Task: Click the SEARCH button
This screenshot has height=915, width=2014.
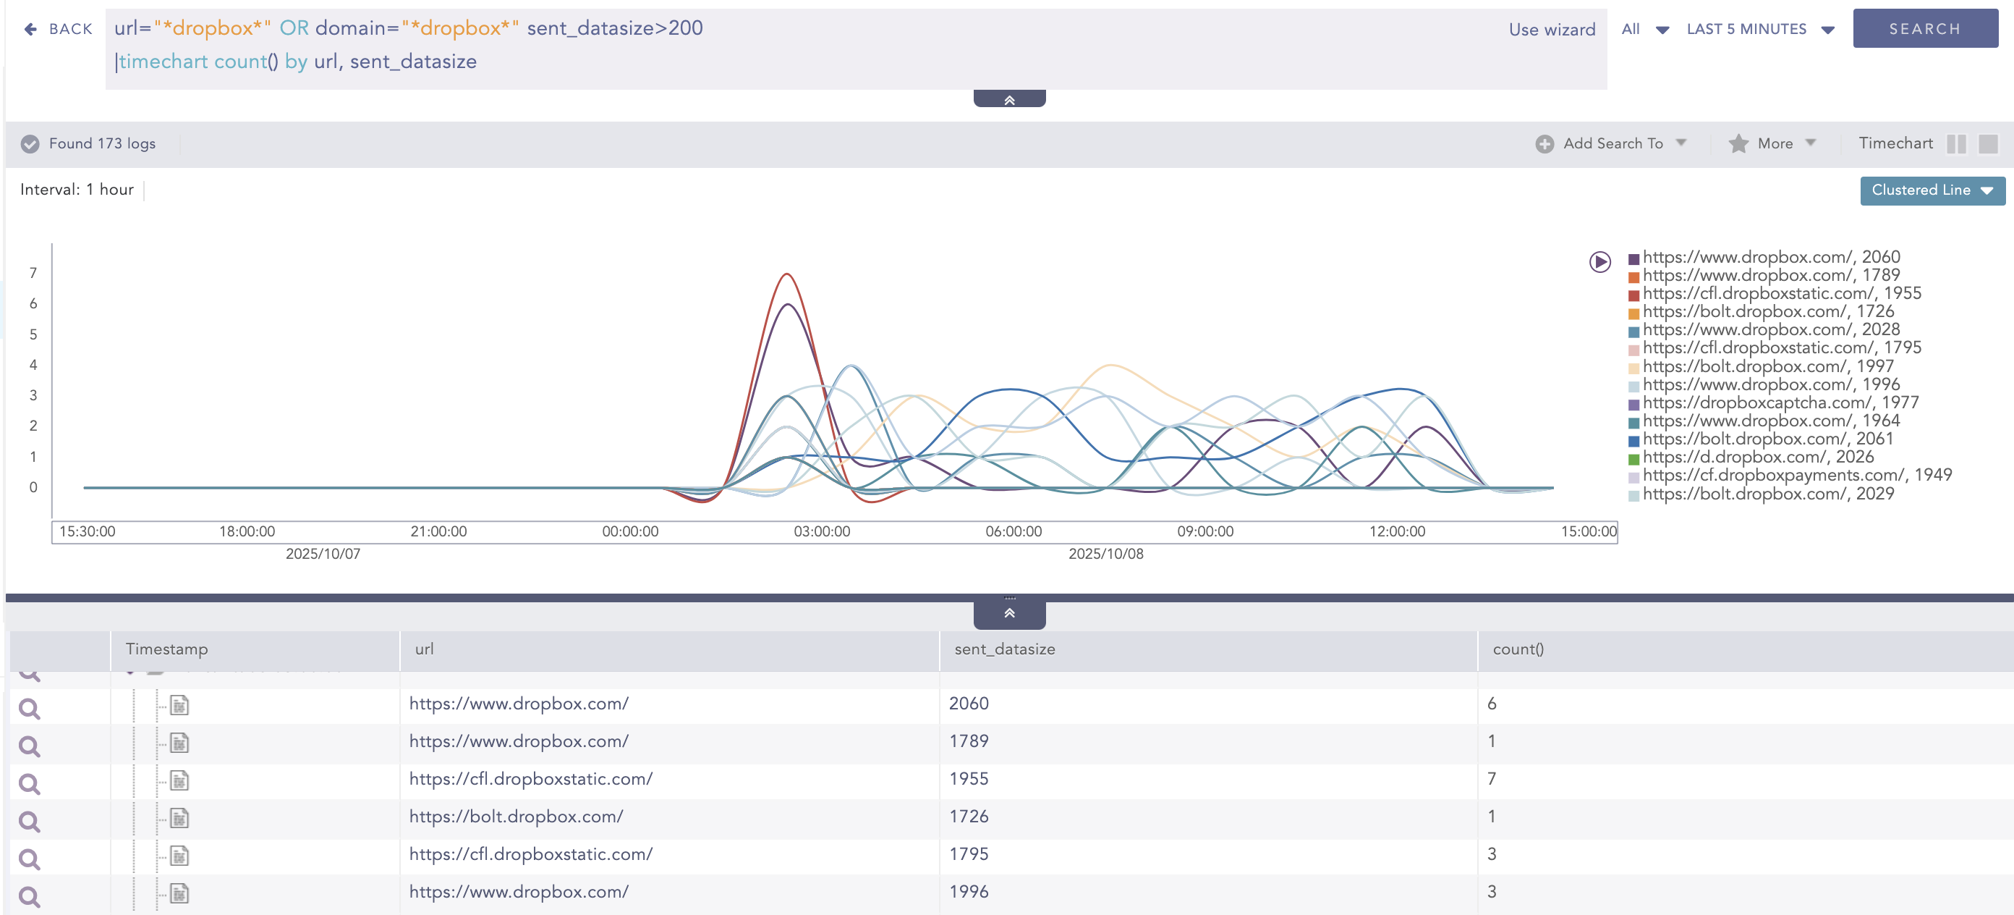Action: click(1924, 29)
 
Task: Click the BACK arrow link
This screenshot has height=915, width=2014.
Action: click(58, 29)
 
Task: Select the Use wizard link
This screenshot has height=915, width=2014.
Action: click(1551, 30)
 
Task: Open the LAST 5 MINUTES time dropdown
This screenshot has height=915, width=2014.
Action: click(1759, 29)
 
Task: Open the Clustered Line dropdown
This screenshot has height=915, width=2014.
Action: click(1931, 190)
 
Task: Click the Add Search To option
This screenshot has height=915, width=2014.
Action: click(1611, 144)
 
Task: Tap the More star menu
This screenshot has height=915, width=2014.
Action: click(1772, 144)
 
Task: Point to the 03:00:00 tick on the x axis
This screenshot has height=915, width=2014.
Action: click(822, 532)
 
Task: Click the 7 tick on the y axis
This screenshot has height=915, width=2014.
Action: click(33, 273)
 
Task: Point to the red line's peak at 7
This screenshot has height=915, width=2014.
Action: click(787, 274)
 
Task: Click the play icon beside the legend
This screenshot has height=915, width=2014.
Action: click(1599, 262)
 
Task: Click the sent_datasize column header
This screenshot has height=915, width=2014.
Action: click(1005, 649)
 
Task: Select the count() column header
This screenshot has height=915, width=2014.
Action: click(1518, 649)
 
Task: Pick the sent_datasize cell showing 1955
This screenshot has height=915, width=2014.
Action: click(969, 779)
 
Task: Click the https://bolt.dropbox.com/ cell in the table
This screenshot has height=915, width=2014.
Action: click(516, 817)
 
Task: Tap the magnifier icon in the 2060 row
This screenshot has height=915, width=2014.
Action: click(30, 709)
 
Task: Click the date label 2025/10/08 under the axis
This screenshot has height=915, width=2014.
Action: click(1105, 555)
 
